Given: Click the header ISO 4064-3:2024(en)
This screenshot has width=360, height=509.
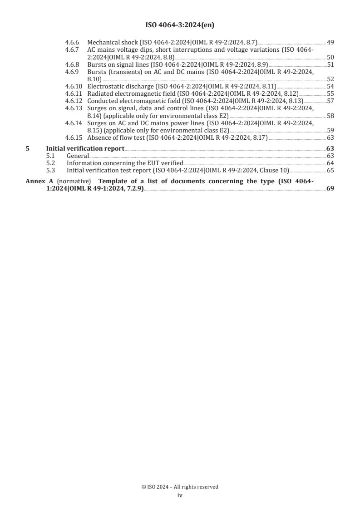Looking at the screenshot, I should (x=180, y=25).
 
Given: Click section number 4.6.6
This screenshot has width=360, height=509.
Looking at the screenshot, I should (x=72, y=43).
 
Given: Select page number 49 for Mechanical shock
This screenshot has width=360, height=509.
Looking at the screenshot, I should (x=330, y=43).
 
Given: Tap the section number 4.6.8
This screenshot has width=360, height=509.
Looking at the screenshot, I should (x=72, y=65).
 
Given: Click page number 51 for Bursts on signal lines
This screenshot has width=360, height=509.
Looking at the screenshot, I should (x=330, y=65).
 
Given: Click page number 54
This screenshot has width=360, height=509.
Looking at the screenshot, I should (x=330, y=87).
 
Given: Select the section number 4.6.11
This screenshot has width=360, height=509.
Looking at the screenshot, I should (x=74, y=94).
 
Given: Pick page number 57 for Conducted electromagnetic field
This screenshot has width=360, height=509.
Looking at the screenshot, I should (x=330, y=101).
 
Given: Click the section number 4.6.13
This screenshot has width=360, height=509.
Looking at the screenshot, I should (x=74, y=108).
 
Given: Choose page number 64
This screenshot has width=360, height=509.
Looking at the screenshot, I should (x=330, y=163).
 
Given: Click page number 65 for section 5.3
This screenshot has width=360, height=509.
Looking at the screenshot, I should (x=330, y=170).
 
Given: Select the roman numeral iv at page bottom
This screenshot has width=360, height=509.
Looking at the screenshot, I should (x=180, y=496).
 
